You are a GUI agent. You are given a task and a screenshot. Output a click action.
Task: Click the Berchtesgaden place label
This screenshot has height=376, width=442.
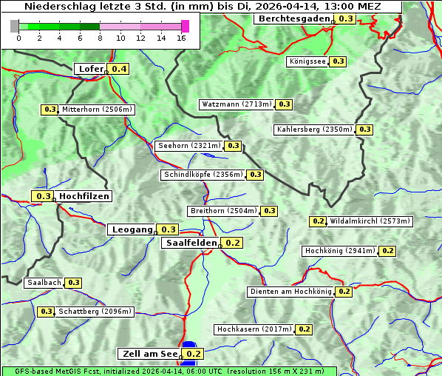(x=294, y=19)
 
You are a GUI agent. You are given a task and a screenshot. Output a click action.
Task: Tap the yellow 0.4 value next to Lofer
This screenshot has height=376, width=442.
(x=118, y=69)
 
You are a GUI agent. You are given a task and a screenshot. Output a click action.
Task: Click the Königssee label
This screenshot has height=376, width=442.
(x=307, y=61)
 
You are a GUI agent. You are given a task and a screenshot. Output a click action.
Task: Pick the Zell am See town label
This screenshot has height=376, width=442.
(x=149, y=354)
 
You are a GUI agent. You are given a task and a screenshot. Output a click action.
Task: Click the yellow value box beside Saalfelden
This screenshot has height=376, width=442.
(x=233, y=243)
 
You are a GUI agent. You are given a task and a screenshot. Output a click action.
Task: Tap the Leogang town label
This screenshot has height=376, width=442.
(x=132, y=229)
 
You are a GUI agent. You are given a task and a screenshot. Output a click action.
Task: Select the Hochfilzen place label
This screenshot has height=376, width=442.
(x=84, y=196)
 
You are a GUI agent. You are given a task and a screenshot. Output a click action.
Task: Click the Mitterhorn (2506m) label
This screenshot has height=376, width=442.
(x=97, y=110)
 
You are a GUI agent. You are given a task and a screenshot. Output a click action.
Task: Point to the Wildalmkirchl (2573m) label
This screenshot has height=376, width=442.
(x=370, y=221)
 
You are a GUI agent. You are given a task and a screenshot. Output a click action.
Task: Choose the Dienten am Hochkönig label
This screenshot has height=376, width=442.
(x=290, y=292)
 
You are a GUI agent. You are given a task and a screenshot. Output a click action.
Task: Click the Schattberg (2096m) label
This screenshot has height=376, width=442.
(x=95, y=312)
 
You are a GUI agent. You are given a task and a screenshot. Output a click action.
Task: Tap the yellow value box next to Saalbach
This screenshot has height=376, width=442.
(x=73, y=283)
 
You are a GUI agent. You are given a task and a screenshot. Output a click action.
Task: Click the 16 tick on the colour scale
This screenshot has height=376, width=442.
(x=181, y=38)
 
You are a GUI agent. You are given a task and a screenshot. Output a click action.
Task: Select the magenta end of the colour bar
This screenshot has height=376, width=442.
(x=185, y=26)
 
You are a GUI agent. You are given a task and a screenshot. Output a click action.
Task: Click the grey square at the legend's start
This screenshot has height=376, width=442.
(x=15, y=26)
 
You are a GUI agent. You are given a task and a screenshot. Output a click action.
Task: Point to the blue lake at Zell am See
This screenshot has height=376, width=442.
(x=190, y=346)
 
